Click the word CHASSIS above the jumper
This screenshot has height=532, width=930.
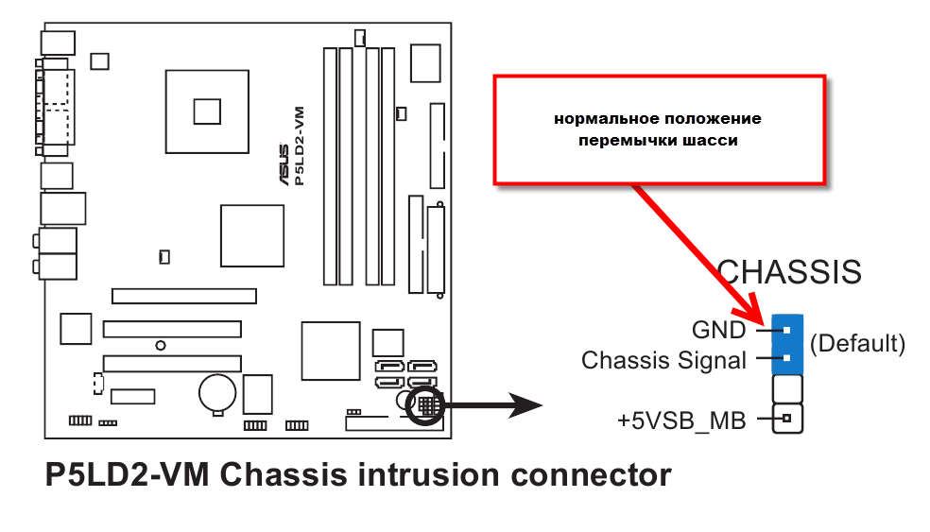click(x=789, y=273)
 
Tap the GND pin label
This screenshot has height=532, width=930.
click(x=719, y=331)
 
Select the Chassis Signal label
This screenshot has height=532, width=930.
click(x=663, y=360)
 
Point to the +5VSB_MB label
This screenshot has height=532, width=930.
click(x=681, y=420)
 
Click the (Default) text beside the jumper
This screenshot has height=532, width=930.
click(x=857, y=343)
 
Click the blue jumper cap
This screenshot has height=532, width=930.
click(x=787, y=345)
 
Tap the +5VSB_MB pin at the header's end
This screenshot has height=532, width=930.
click(x=787, y=419)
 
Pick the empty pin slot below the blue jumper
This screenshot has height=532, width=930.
click(x=787, y=389)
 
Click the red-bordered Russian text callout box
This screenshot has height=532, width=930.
click(x=660, y=129)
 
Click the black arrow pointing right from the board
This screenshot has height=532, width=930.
click(x=492, y=405)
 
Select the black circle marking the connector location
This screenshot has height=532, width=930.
click(x=424, y=405)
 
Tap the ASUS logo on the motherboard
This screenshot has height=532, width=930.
click(x=284, y=164)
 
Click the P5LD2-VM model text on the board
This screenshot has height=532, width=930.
click(x=300, y=146)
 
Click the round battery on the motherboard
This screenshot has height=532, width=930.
click(x=217, y=393)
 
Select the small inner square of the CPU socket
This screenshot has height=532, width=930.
click(x=207, y=112)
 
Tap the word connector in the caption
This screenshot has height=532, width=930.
click(x=591, y=475)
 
